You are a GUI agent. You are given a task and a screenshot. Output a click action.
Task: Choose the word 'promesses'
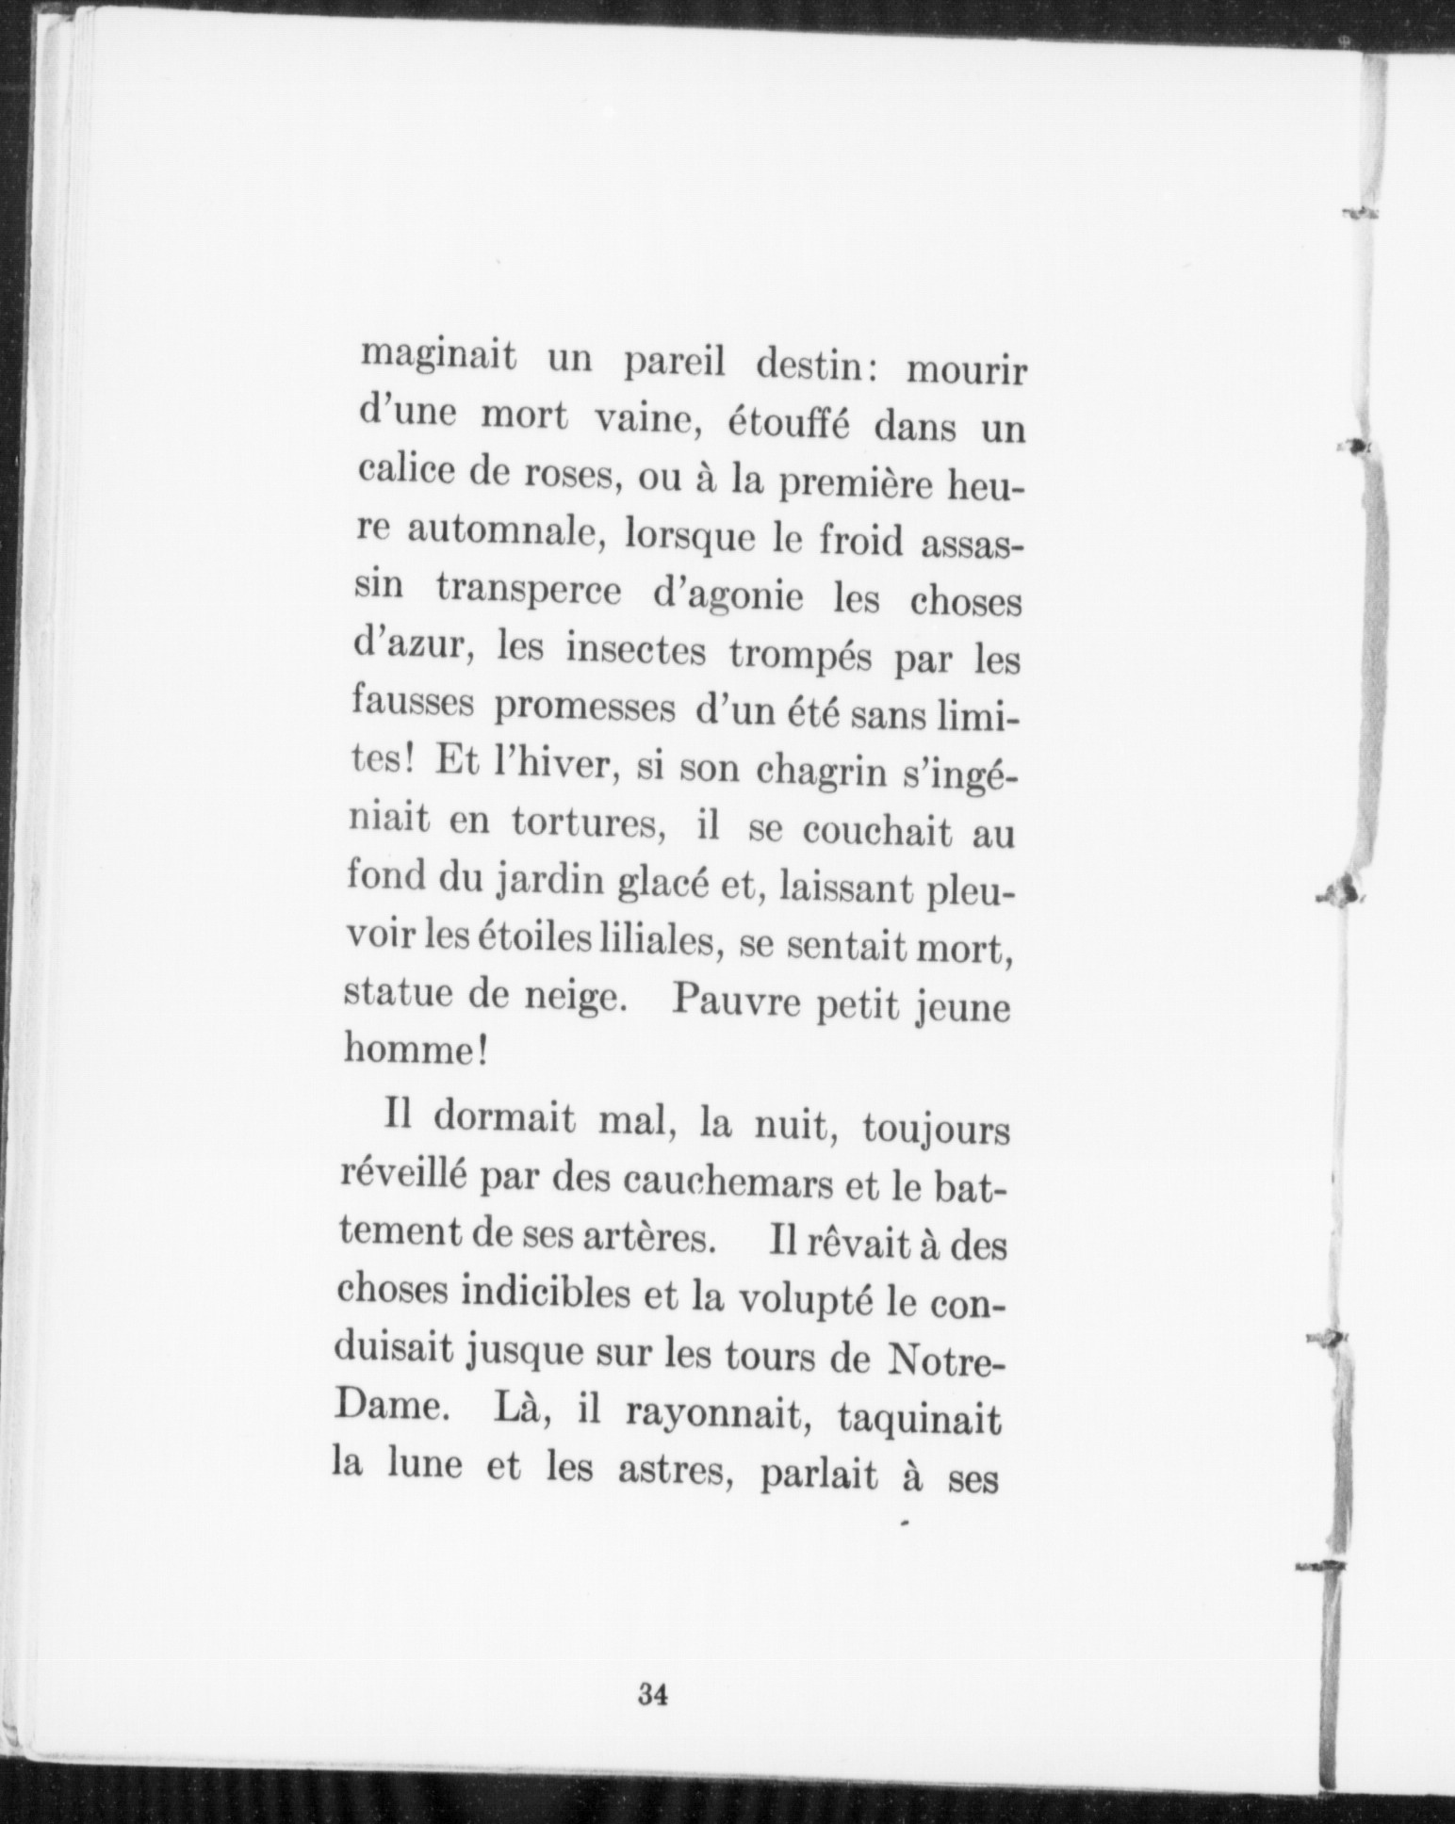[x=583, y=708]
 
